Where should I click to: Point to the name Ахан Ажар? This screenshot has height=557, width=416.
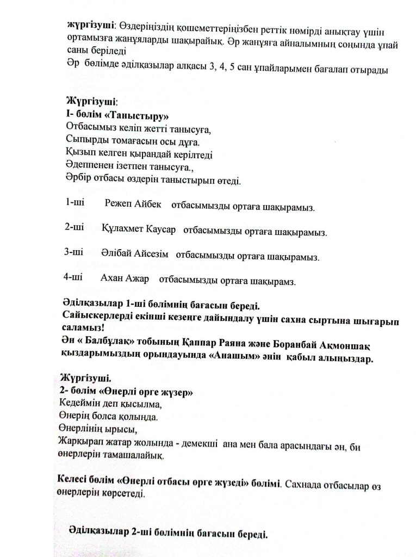[125, 278]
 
